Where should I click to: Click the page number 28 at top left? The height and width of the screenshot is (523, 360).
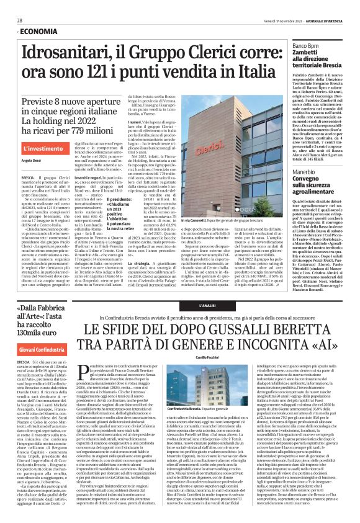point(20,20)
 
